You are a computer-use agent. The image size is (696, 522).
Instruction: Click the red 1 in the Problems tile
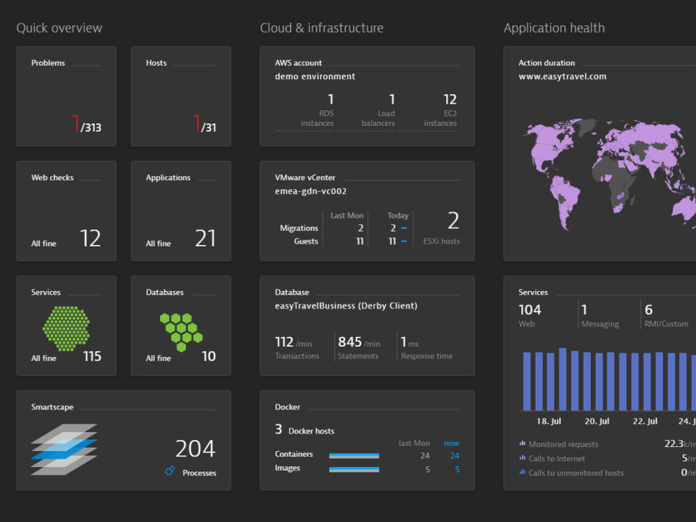point(76,124)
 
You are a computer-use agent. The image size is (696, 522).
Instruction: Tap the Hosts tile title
point(156,63)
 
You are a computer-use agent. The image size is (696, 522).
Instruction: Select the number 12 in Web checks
point(90,239)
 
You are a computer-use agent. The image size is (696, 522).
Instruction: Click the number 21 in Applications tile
point(205,239)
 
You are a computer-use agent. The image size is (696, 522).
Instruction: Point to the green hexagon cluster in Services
point(66,329)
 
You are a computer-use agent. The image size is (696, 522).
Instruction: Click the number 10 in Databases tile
point(209,356)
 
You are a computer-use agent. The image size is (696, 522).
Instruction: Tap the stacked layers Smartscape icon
point(64,449)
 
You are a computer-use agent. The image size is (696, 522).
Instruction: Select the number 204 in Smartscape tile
point(195,448)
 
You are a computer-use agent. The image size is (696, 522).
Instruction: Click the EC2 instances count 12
point(450,100)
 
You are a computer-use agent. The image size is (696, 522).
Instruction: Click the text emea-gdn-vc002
point(310,191)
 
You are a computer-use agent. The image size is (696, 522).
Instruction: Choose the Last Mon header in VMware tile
point(347,216)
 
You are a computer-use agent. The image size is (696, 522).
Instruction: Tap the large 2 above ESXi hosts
point(453,221)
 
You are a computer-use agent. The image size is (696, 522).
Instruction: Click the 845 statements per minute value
point(350,342)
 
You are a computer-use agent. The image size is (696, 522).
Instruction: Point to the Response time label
point(426,356)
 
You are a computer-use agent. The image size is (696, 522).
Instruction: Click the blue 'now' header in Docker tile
point(451,443)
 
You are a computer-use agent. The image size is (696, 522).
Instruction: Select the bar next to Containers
point(354,455)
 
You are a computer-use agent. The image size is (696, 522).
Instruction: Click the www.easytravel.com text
point(562,77)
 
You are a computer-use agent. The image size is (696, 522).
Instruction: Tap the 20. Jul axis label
point(596,421)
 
